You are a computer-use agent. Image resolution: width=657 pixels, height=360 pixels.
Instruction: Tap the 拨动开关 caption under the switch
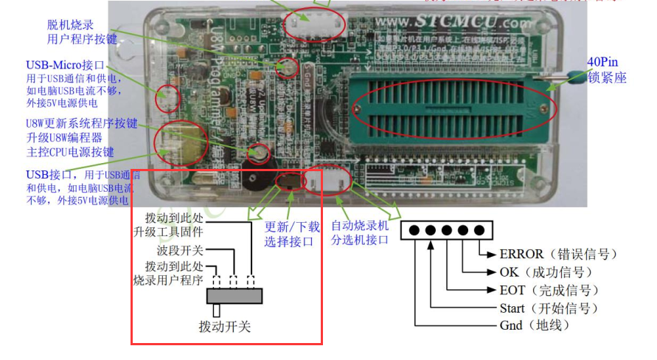[x=224, y=325]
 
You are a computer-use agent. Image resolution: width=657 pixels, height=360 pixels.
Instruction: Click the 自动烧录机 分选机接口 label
[x=359, y=233]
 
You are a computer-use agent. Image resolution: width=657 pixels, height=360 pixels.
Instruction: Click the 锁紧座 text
[x=606, y=76]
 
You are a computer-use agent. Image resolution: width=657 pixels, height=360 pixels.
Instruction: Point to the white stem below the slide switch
[x=216, y=311]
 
